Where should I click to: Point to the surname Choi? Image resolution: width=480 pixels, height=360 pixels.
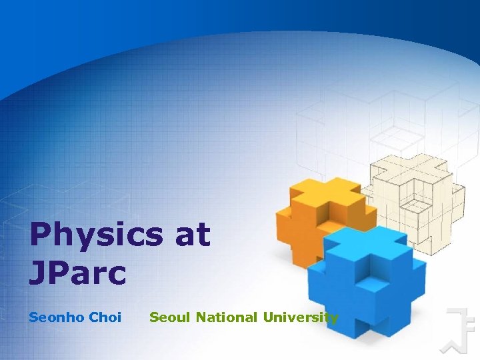point(105,317)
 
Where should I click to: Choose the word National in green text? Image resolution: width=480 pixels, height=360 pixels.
point(226,317)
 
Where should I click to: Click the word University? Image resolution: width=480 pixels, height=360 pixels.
point(301,317)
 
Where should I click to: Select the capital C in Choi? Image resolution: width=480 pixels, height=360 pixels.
point(93,317)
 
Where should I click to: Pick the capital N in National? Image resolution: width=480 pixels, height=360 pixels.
point(201,317)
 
